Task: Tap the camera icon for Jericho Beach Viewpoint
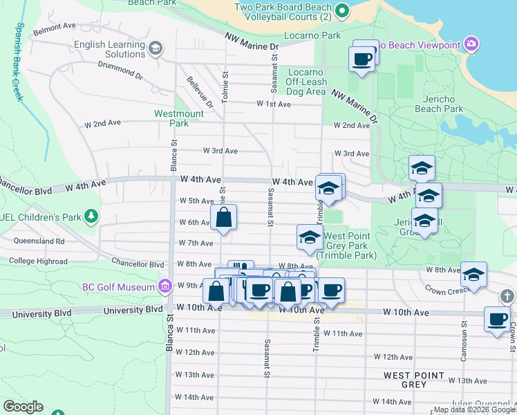tap(471, 44)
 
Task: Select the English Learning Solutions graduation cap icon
tap(156, 48)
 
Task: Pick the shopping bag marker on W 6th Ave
tap(224, 217)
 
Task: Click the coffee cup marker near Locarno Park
tap(361, 59)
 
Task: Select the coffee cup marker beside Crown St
tap(497, 320)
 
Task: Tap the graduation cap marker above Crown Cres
tap(473, 275)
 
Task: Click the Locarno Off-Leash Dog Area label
tap(305, 82)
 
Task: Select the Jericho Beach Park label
tap(438, 104)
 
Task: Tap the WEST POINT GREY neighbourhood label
tap(414, 379)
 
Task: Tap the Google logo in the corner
tap(23, 407)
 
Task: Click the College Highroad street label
tap(38, 261)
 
